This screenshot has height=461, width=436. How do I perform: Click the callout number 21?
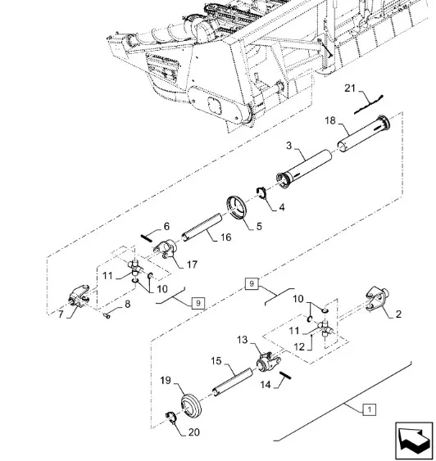pos(350,88)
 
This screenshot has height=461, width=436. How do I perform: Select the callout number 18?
pos(330,120)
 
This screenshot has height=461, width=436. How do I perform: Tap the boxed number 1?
pos(370,409)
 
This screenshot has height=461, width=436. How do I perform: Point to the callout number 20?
pos(194,432)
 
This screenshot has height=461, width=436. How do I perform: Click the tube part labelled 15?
pos(233,382)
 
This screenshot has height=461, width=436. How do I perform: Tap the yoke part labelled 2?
pos(377,299)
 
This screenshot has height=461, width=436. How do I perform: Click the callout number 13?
pos(243,340)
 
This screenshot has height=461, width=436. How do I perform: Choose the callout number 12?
pos(299,347)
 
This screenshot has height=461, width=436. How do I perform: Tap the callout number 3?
pos(289,146)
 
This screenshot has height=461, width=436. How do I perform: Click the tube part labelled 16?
pos(202,228)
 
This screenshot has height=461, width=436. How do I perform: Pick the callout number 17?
pos(192,264)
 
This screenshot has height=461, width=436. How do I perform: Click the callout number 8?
pos(127,304)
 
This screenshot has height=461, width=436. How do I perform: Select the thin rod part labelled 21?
pos(368,104)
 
